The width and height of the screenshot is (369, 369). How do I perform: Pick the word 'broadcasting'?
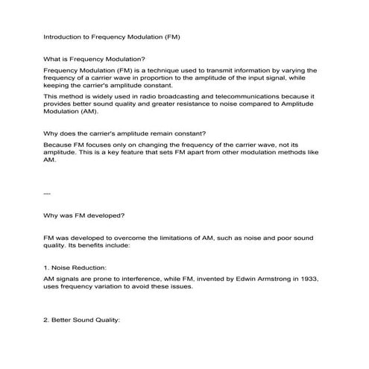coord(172,97)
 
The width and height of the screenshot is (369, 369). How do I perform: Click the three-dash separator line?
coord(48,192)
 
